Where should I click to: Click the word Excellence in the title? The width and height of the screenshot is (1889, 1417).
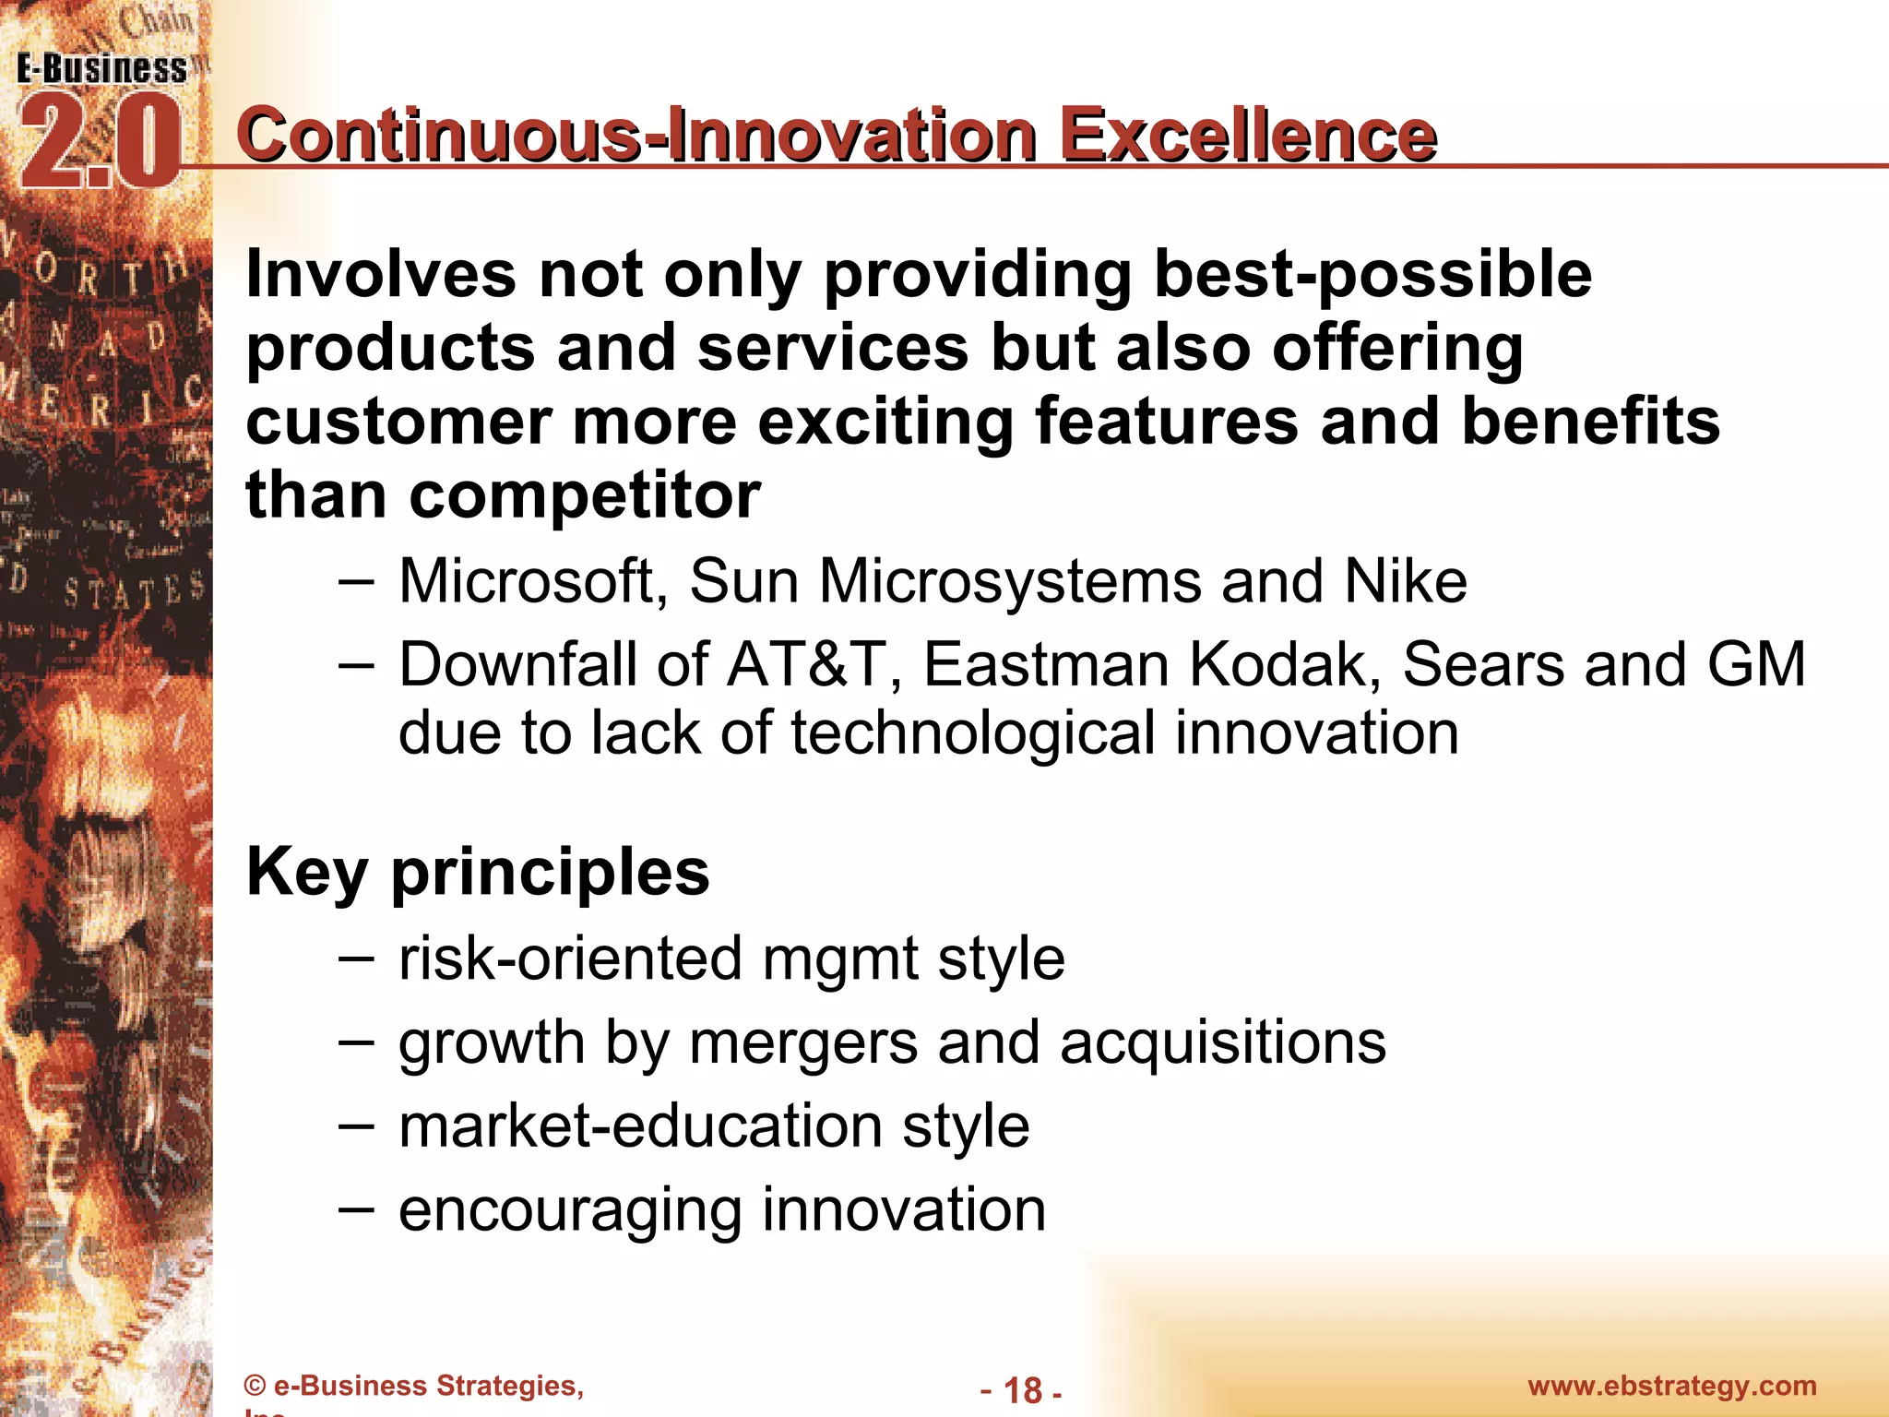(x=1248, y=137)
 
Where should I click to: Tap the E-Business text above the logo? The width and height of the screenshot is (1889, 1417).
(x=101, y=69)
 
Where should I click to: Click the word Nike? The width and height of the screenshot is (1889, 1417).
(x=1406, y=581)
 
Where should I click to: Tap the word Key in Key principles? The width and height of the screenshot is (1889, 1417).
(x=307, y=873)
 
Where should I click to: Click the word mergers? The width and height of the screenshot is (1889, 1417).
(x=802, y=1044)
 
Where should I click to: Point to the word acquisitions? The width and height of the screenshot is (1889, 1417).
(x=1222, y=1042)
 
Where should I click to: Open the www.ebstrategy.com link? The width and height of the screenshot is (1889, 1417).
(x=1671, y=1386)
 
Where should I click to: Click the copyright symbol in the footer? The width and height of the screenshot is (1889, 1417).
(x=255, y=1387)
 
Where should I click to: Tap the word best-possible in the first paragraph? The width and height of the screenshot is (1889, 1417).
(x=1372, y=275)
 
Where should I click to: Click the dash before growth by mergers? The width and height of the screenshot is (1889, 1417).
(x=356, y=1042)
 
